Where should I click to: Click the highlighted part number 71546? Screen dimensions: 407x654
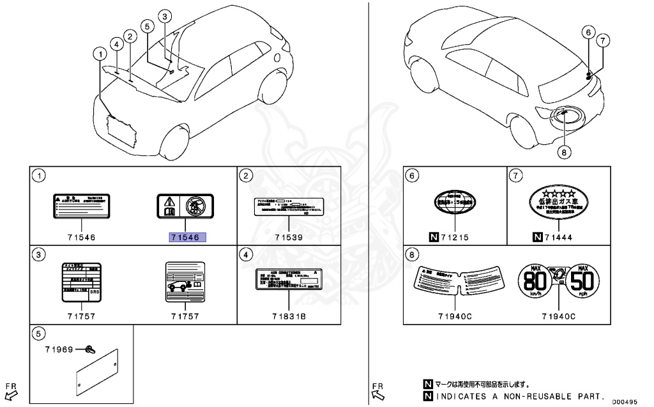(x=185, y=237)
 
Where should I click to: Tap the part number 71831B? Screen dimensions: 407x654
(x=289, y=316)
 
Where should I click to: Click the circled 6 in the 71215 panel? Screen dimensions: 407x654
(x=413, y=175)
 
